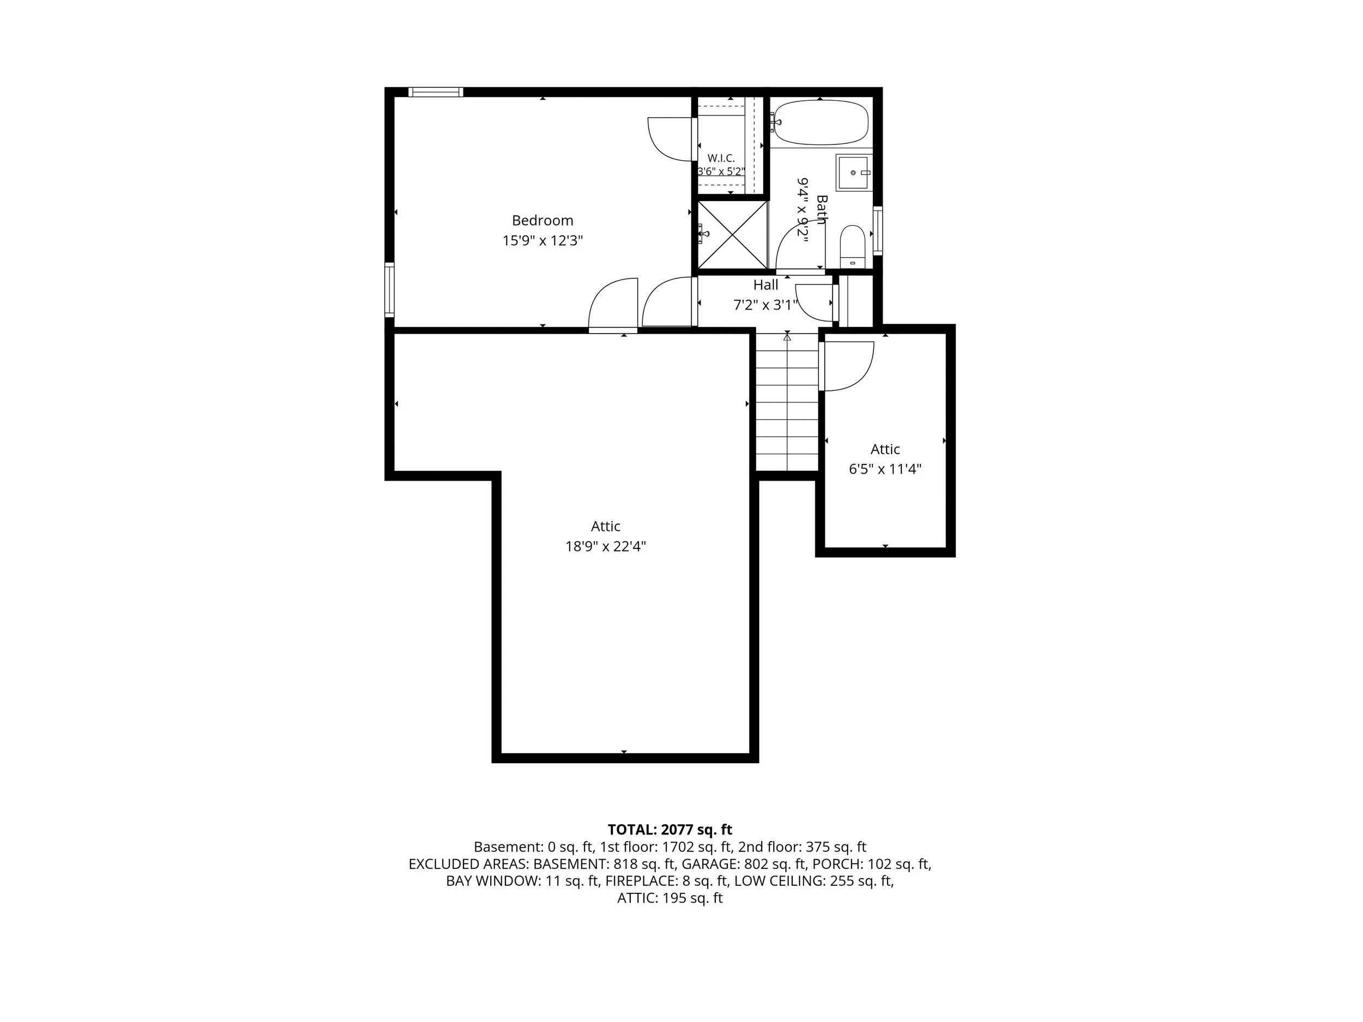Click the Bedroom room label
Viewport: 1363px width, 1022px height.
(x=542, y=221)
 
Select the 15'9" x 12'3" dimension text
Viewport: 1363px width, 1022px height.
(x=542, y=241)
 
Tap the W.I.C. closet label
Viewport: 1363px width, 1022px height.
(x=721, y=158)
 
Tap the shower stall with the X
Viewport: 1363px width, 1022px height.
(x=733, y=235)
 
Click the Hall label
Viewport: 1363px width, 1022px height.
(x=765, y=285)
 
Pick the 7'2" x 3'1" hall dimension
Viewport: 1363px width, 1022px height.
(x=765, y=305)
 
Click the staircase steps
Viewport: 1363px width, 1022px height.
(x=787, y=402)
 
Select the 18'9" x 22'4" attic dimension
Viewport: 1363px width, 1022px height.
(x=606, y=546)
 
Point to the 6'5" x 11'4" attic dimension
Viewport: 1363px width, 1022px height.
(x=885, y=469)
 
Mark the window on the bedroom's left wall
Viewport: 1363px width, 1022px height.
(x=389, y=289)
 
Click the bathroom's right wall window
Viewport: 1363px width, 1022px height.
(x=877, y=231)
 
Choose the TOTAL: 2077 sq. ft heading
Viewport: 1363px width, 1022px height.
(x=670, y=830)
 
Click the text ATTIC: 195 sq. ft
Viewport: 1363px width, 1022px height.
(x=670, y=898)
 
